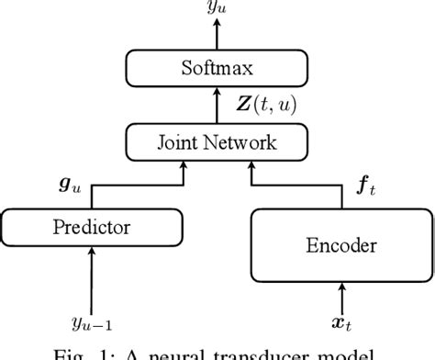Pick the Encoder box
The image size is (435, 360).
click(340, 246)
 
